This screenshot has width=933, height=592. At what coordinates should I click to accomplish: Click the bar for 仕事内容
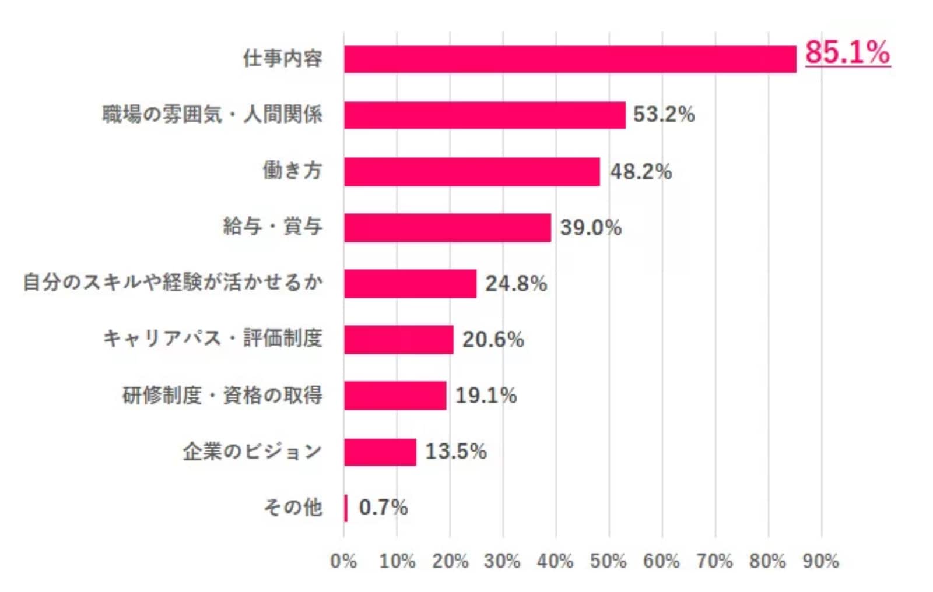coord(570,59)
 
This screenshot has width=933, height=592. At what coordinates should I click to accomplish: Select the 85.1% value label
coord(847,52)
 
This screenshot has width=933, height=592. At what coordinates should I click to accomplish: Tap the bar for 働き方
coord(472,172)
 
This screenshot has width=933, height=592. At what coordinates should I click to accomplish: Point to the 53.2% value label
coord(664,114)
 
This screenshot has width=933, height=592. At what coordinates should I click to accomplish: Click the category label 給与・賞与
coord(272,226)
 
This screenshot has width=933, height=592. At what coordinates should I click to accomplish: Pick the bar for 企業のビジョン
coord(380,452)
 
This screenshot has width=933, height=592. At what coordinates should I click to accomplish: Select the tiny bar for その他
coord(346,508)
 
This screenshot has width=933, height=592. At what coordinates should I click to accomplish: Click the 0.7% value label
coord(383,508)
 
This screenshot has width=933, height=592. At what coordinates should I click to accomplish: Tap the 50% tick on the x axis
coord(608,561)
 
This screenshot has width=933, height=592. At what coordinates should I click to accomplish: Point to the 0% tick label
coord(343,561)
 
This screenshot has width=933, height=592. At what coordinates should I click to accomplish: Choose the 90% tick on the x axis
coord(820,561)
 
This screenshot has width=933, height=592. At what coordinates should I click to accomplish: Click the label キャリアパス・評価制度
coord(212,339)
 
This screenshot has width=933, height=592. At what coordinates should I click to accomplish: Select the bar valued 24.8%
coord(410,284)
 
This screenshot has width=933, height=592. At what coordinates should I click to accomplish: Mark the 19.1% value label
coord(486,396)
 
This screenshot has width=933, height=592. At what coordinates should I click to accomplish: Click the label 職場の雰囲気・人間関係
coord(212,114)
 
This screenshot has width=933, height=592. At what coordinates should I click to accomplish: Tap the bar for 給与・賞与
coord(447,228)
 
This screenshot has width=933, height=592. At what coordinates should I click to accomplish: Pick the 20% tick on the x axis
coord(450,561)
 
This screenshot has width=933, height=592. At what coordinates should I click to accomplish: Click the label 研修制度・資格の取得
coord(222,395)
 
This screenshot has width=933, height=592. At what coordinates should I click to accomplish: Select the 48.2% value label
coord(641,172)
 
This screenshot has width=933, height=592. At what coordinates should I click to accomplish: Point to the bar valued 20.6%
coord(399,340)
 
